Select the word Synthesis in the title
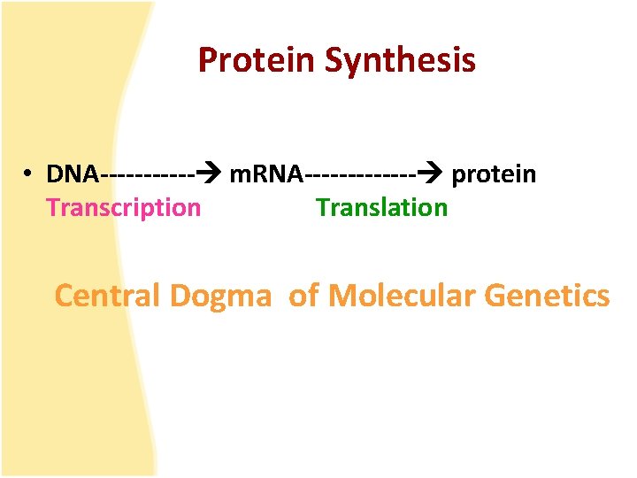(x=400, y=60)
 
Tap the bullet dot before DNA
(x=29, y=174)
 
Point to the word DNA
(x=73, y=174)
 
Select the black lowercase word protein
(x=494, y=174)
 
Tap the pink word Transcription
(x=123, y=208)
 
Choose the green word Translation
(x=381, y=208)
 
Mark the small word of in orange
(x=303, y=296)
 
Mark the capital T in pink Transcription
(x=53, y=208)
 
